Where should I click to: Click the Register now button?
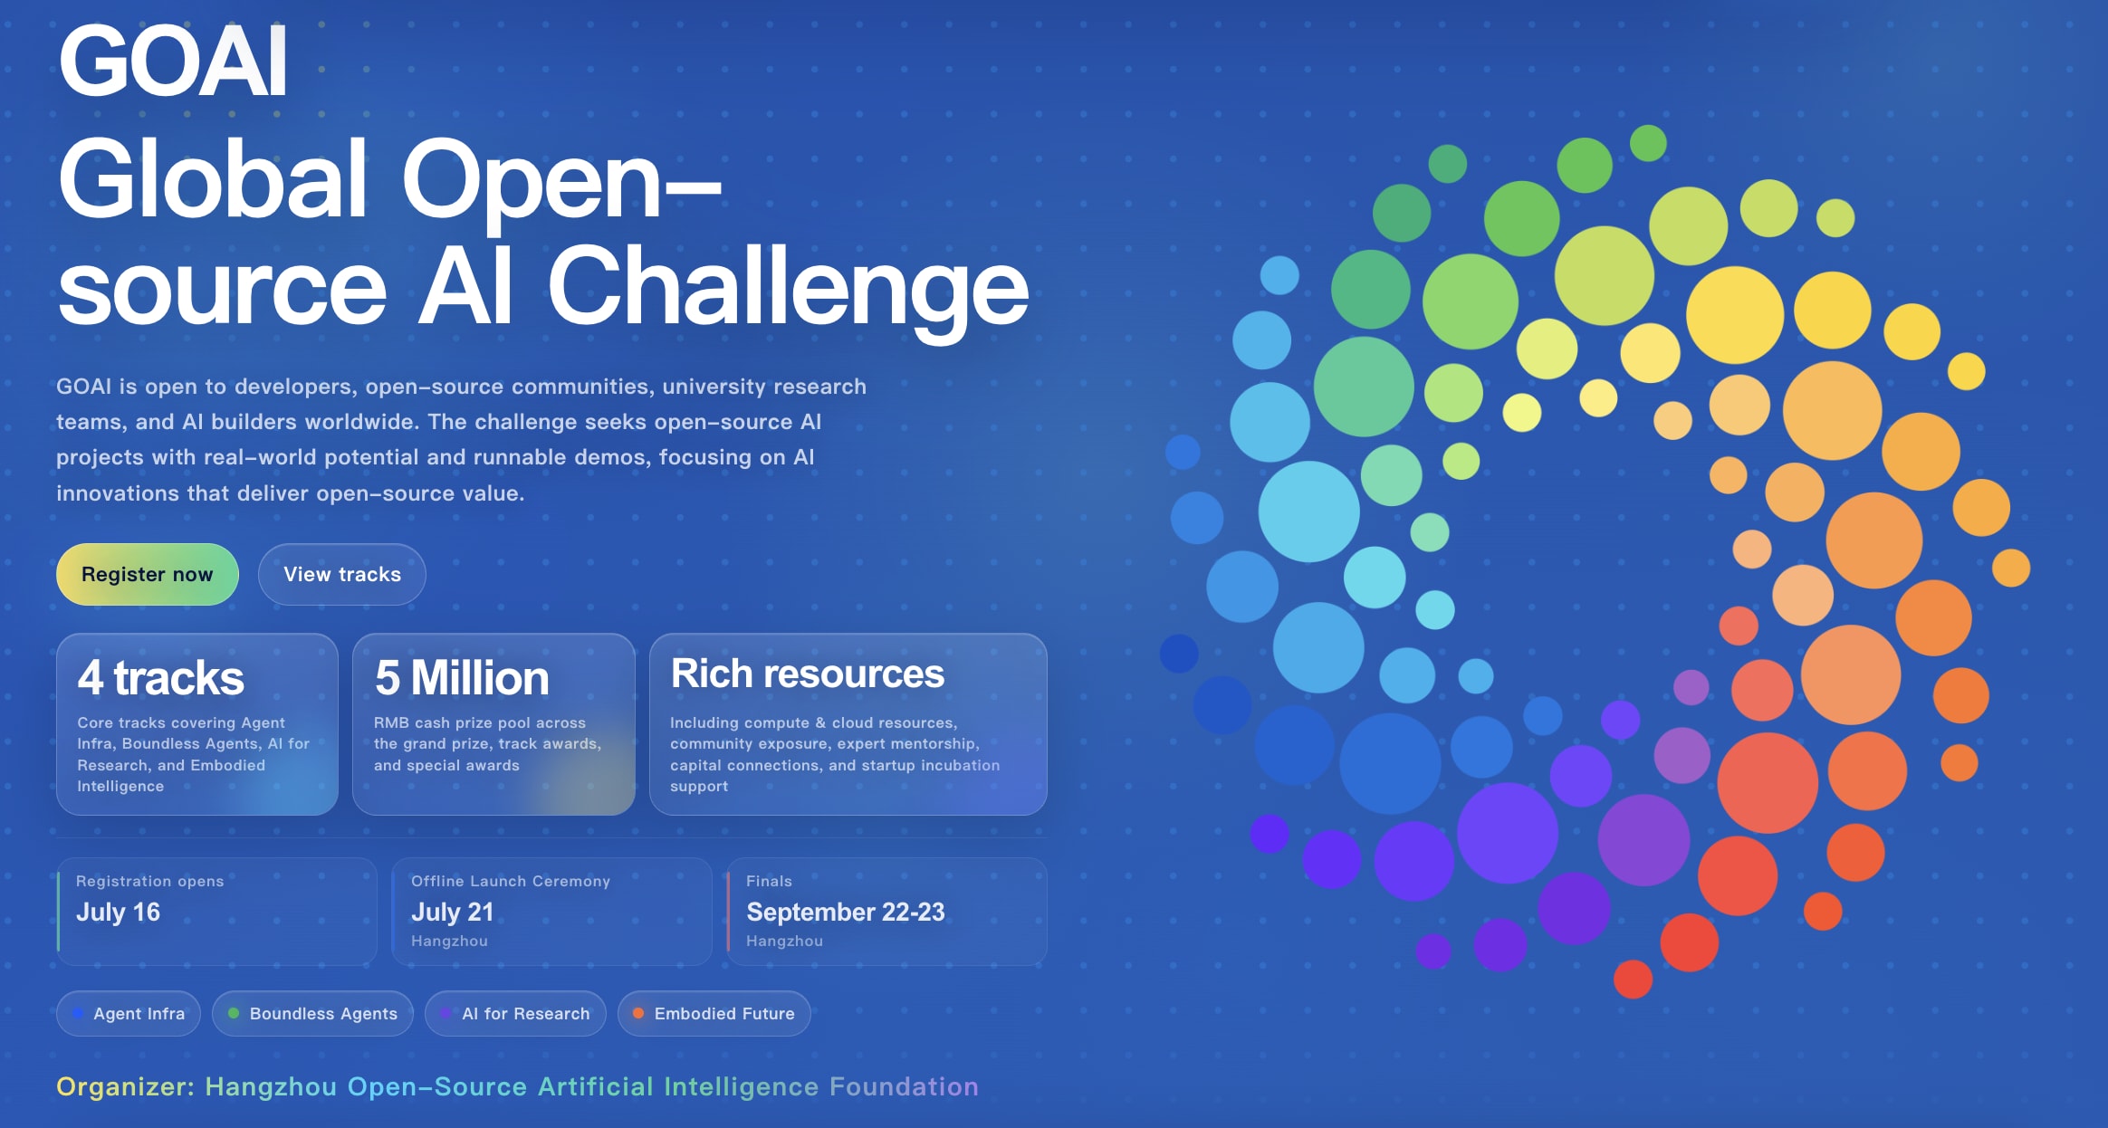(148, 574)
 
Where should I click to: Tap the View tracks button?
(342, 574)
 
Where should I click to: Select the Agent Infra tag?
(129, 1013)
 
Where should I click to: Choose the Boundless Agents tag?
(312, 1013)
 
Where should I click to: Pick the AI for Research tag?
(515, 1013)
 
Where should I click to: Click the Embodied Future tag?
(714, 1013)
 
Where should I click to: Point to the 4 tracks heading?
(160, 677)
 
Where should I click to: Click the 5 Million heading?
(462, 677)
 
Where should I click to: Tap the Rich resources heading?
(808, 674)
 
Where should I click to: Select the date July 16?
(118, 912)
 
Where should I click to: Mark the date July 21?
(453, 912)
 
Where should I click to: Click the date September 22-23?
(846, 912)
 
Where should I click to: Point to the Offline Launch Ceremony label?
(511, 881)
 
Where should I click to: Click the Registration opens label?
(149, 881)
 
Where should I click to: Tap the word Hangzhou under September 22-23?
(784, 941)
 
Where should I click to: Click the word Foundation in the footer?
(904, 1086)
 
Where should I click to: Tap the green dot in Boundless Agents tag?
(234, 1013)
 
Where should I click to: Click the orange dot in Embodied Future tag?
(638, 1013)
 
